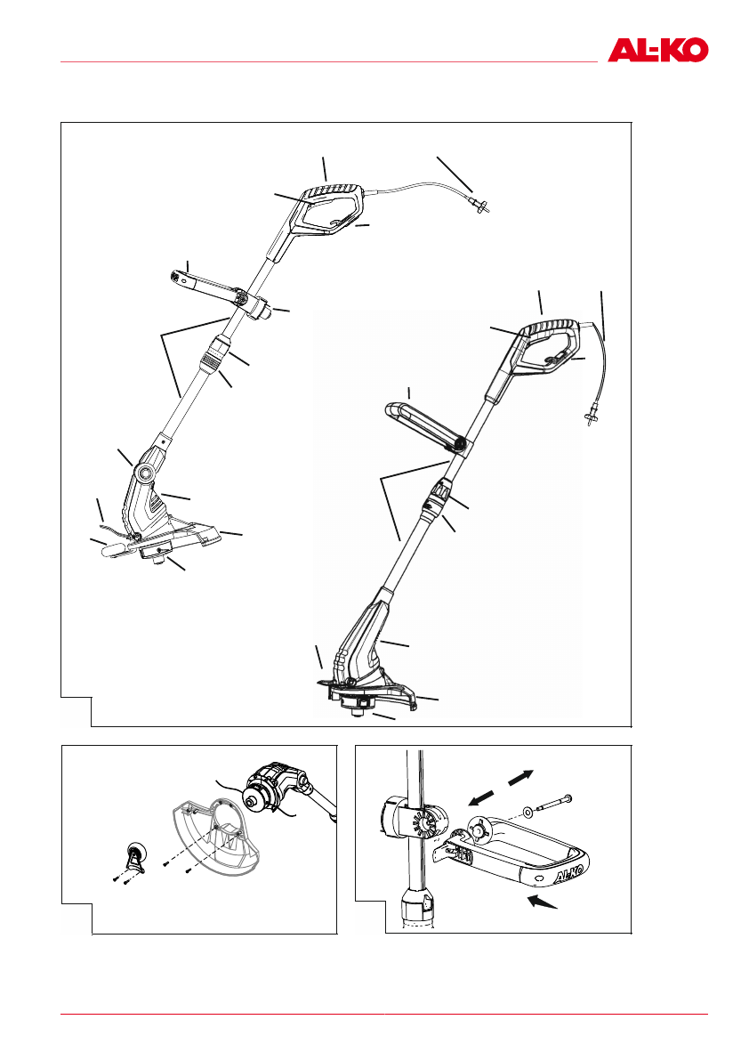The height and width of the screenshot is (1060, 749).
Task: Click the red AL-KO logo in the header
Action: click(x=658, y=49)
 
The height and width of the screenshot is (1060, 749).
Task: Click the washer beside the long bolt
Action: click(x=529, y=812)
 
